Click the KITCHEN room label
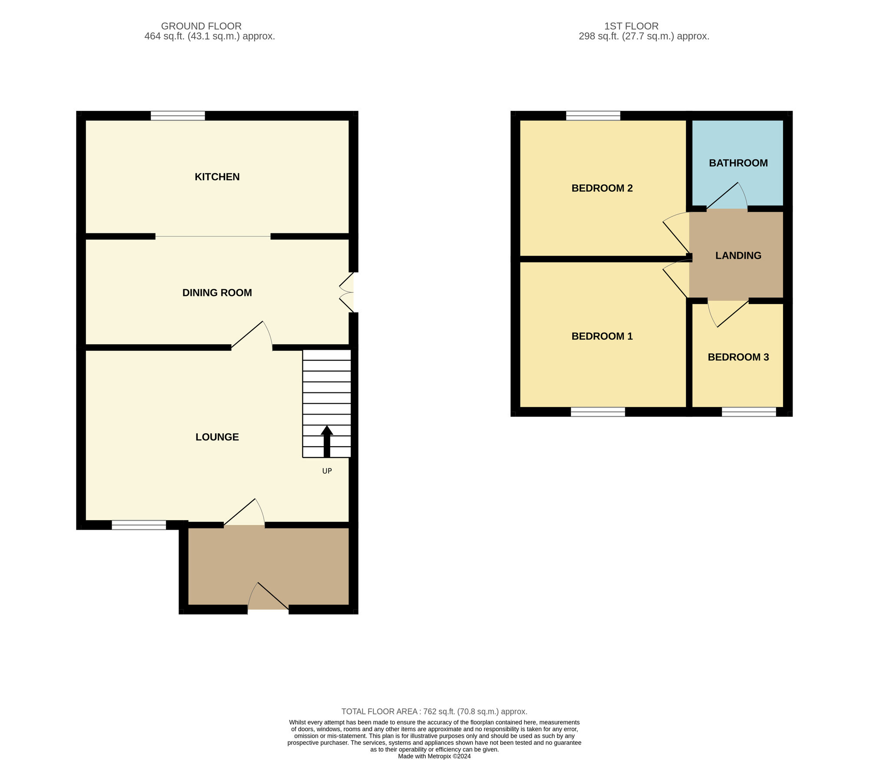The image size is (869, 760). coord(217,177)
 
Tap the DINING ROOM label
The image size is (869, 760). coord(217,293)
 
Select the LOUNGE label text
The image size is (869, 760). coord(217,437)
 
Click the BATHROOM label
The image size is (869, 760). coord(738,163)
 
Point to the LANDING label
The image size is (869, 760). coord(738,256)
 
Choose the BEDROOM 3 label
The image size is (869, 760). coord(738,357)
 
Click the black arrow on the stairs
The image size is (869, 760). coord(327,441)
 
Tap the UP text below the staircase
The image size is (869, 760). coord(327,471)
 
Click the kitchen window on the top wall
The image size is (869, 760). coord(178,116)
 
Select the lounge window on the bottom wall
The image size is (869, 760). coord(139,525)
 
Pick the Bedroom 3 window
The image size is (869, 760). coord(749,412)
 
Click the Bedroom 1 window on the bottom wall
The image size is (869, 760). coord(598,412)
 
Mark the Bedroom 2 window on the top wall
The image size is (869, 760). coord(593,116)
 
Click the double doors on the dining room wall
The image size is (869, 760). coord(347,292)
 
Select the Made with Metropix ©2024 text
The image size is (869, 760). coord(434,756)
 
